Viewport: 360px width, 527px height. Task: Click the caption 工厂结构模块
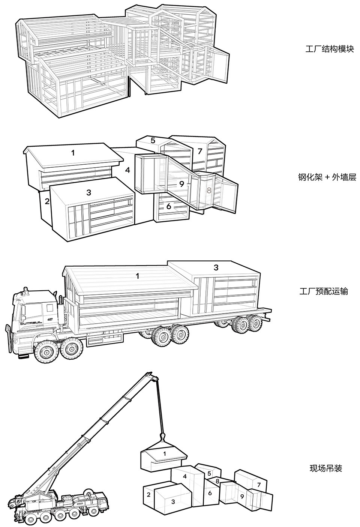coord(329,49)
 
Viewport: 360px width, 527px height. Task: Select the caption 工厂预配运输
coord(324,291)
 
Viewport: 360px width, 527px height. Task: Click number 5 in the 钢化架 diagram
coord(153,141)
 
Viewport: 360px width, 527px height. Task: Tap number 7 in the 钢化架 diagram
coord(200,152)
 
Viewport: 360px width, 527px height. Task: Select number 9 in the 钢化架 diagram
coord(181,184)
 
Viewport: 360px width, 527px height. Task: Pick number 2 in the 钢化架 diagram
coord(47,201)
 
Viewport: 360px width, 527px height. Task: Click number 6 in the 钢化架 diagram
coord(169,206)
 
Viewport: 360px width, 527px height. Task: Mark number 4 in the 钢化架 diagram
coord(127,170)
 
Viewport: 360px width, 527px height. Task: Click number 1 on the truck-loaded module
coord(138,276)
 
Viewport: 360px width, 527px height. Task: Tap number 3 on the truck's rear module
coord(216,267)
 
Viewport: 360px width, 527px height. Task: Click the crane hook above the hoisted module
coord(163,437)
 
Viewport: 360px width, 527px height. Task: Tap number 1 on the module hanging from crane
coord(164,453)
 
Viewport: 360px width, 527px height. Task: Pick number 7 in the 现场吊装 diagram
coord(259,484)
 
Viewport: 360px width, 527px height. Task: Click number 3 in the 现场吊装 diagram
coord(173,501)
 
